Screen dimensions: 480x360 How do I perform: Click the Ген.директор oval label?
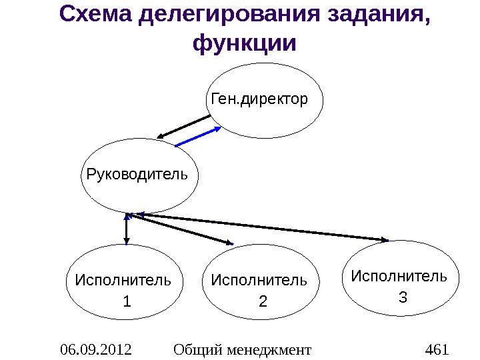coord(259,100)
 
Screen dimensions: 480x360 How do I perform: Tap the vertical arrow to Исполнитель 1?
coord(127,229)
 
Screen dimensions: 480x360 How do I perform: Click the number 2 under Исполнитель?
coord(262,302)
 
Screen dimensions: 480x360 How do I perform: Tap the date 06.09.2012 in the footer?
coord(95,349)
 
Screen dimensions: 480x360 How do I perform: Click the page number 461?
coord(437,349)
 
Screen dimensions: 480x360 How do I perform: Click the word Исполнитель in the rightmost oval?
coord(399,275)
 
